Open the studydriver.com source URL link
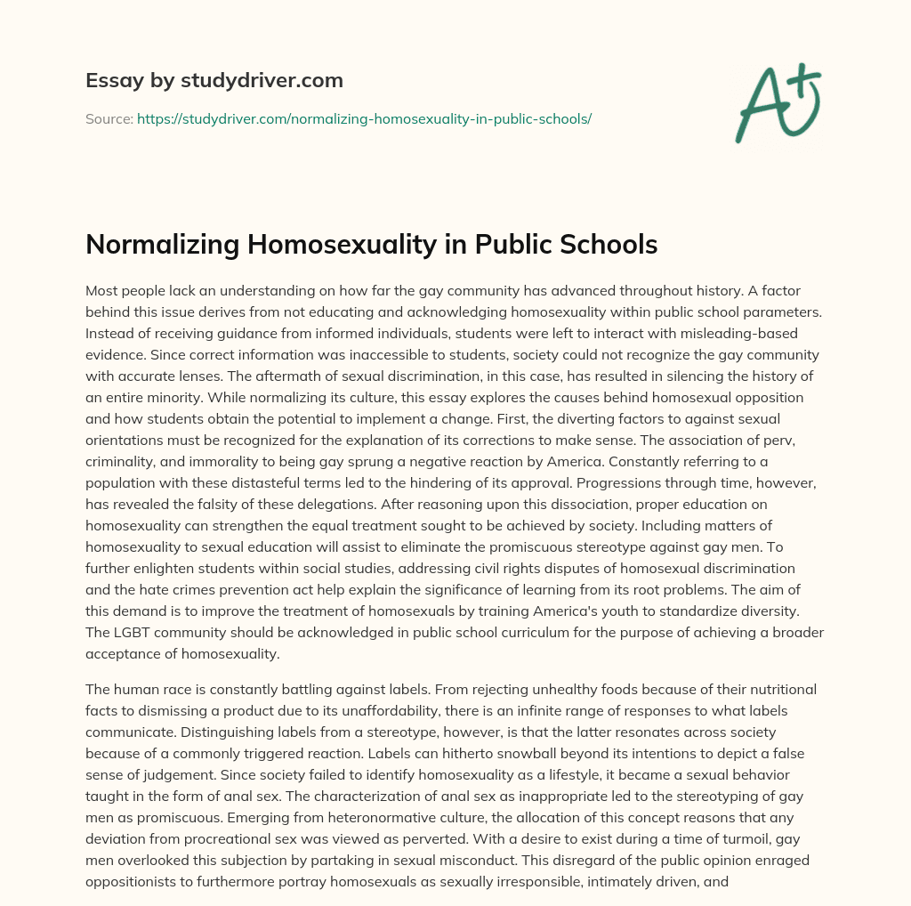tap(364, 118)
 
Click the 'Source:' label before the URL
tap(109, 118)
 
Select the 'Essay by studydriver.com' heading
tap(214, 80)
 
